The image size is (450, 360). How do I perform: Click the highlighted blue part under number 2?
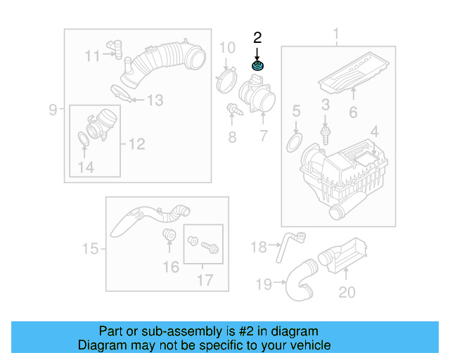(258, 66)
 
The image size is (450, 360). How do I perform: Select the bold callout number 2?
(258, 37)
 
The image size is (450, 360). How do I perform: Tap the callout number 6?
(353, 112)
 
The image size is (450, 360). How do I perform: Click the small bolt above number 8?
(231, 109)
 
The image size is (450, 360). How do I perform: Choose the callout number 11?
(93, 56)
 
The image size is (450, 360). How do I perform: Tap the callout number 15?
(90, 248)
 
